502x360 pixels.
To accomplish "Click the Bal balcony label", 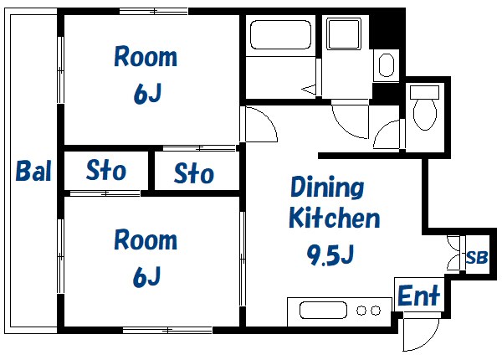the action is (33, 171).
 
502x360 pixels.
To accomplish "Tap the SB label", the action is (477, 257).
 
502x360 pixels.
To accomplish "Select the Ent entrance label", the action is (419, 295).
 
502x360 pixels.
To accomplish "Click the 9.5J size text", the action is (330, 255).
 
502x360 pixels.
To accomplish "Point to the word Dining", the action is (327, 188).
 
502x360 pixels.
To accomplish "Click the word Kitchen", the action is (334, 218).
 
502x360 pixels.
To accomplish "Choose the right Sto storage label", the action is (194, 172).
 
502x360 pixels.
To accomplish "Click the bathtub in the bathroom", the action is (281, 35).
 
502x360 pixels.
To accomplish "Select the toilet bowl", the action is (425, 114).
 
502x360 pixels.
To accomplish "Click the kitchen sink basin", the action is (323, 311).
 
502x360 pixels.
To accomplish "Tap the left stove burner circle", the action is (361, 311).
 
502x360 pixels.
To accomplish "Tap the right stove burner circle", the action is (376, 311).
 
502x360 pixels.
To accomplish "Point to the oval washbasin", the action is (386, 65).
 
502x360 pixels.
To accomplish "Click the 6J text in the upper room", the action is (147, 94).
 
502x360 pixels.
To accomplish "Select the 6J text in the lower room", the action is (147, 277).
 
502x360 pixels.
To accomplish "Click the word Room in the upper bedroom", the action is (146, 57).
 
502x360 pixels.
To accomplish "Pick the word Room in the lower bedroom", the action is (146, 240).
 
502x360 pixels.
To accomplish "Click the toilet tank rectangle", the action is (424, 92).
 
